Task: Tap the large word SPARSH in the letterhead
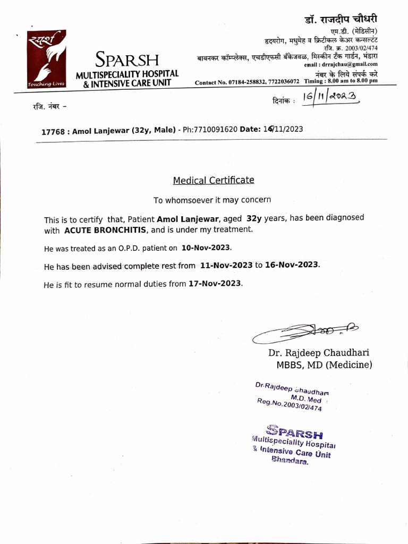click(x=127, y=59)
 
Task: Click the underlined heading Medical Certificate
click(x=214, y=180)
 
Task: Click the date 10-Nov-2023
click(x=206, y=248)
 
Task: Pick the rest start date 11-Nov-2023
click(x=226, y=265)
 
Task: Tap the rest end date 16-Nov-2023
click(x=292, y=265)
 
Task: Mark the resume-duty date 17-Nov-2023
click(x=215, y=284)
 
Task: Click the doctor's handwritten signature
click(x=305, y=333)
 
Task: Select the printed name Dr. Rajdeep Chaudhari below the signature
click(x=318, y=353)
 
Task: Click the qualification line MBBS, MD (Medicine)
click(x=324, y=365)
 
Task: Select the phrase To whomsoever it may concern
click(x=212, y=200)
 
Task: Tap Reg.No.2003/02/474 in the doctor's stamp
click(x=289, y=405)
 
